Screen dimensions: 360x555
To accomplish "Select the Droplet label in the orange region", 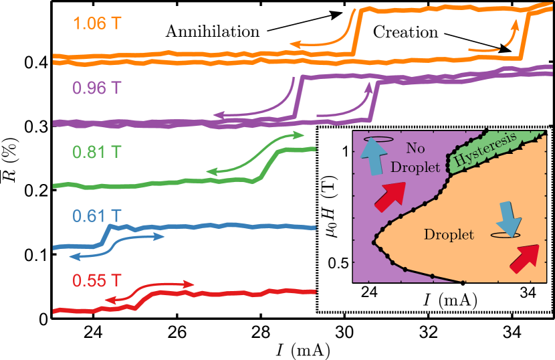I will (x=449, y=235).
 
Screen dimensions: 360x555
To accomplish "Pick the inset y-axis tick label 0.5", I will (x=341, y=263).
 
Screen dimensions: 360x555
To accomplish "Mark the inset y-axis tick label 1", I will (x=346, y=152).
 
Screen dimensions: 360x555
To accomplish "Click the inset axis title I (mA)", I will (x=449, y=300).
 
